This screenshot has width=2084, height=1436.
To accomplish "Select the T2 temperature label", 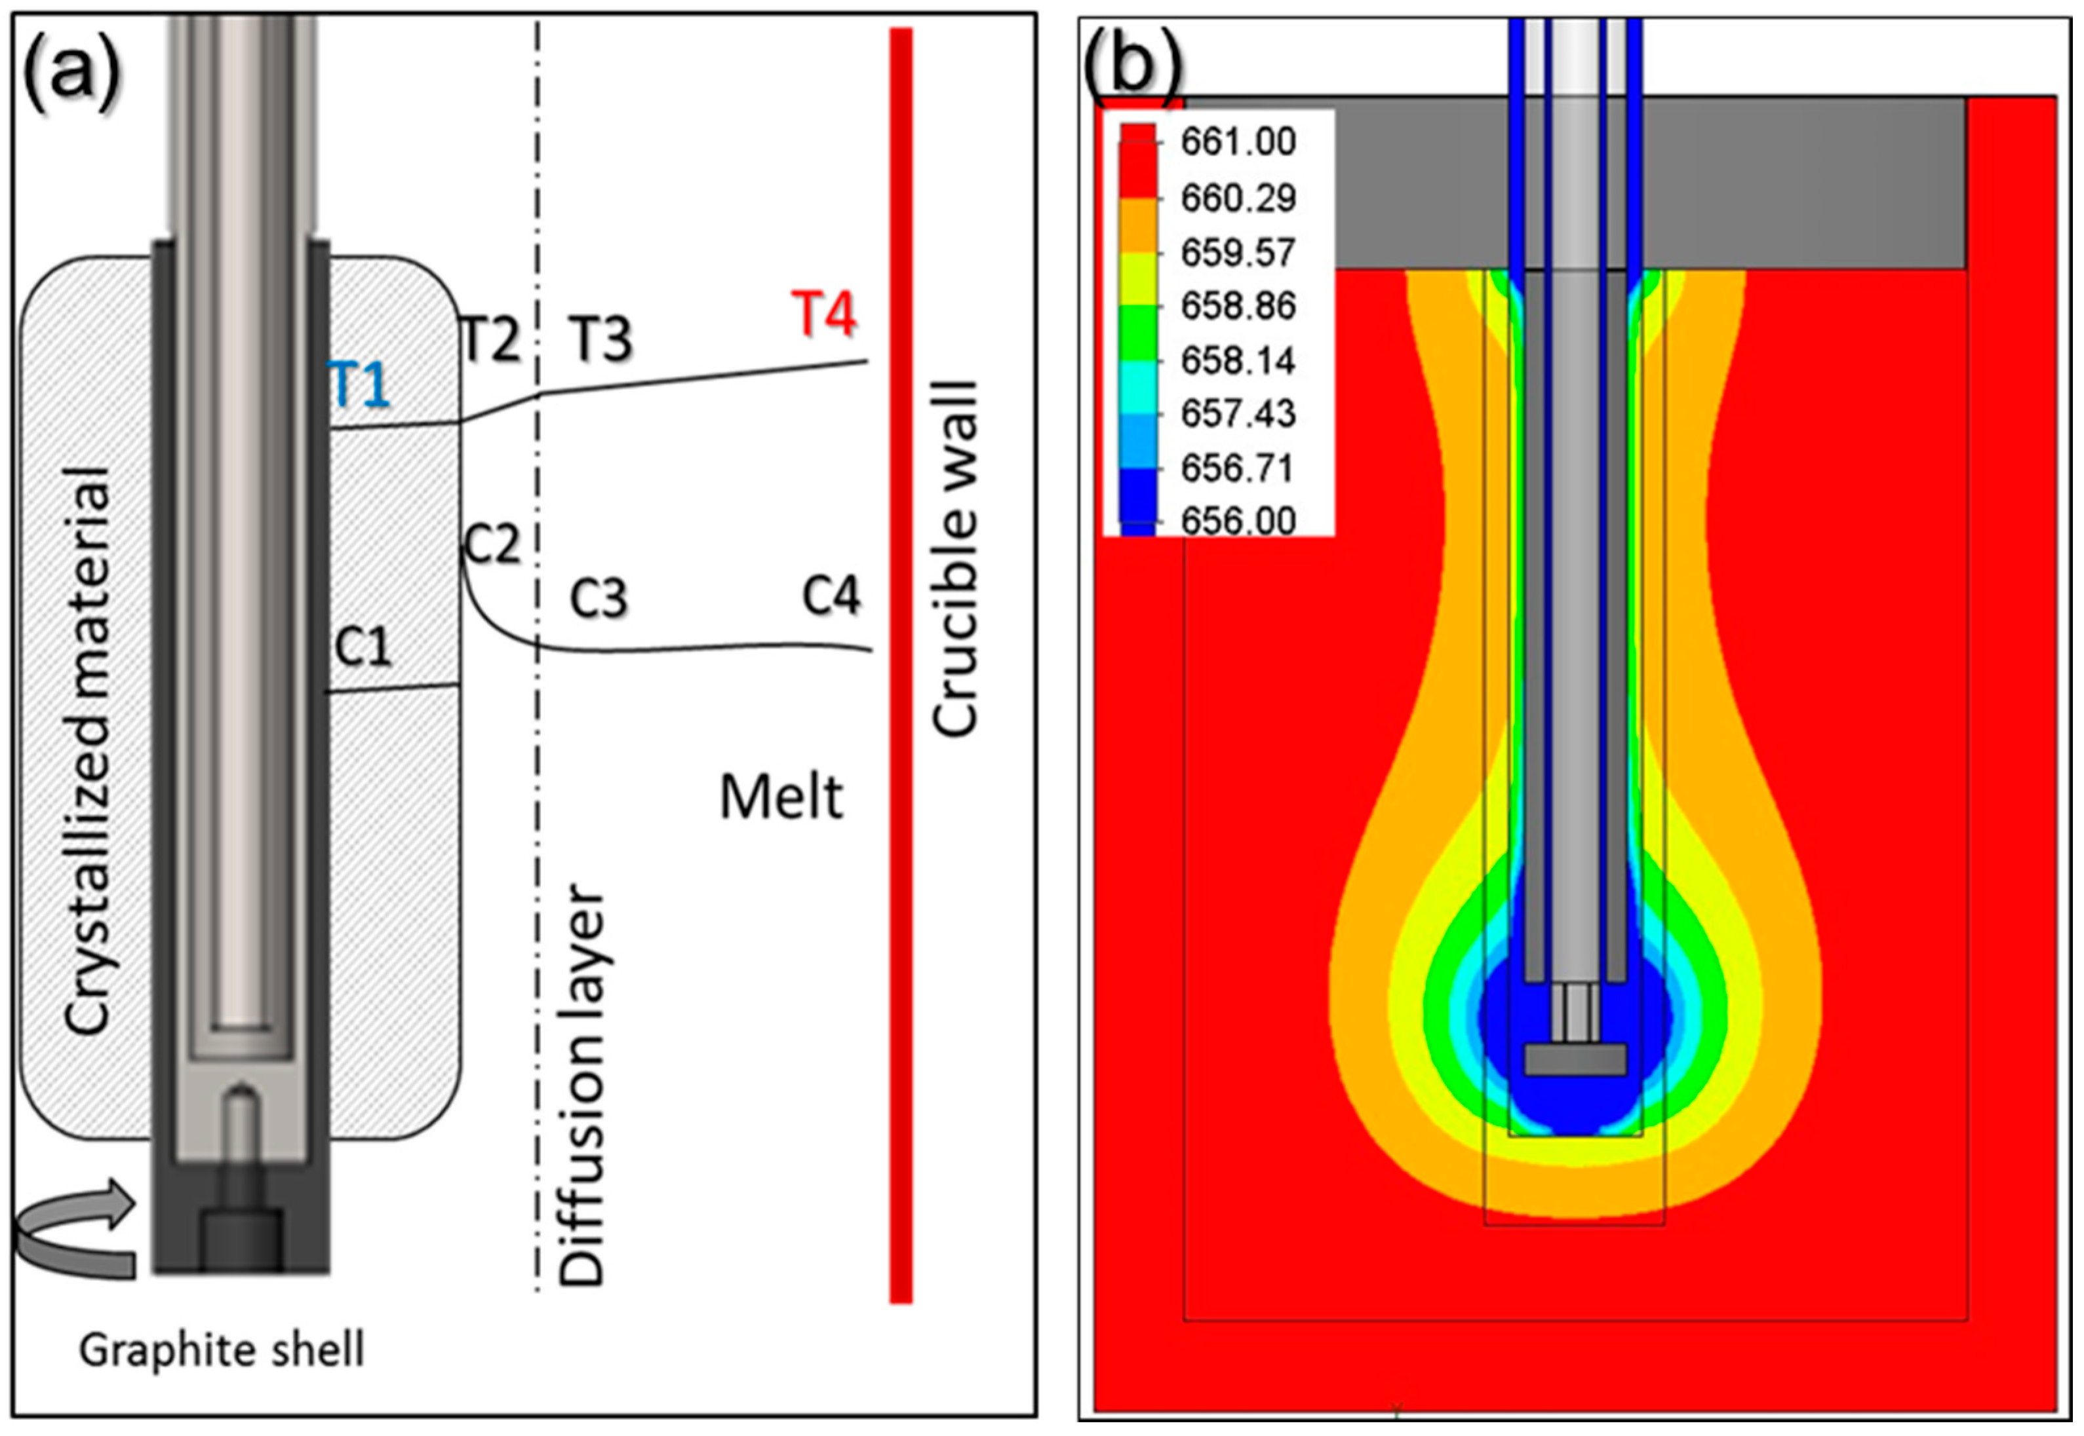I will click(x=490, y=339).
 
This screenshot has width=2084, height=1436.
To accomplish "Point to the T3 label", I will click(x=600, y=339).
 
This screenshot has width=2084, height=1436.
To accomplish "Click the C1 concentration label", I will click(x=364, y=646).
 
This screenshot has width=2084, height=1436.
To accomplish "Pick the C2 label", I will click(x=492, y=544).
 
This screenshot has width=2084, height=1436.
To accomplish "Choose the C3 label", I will click(x=599, y=597).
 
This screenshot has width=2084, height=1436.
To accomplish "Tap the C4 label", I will click(x=831, y=595).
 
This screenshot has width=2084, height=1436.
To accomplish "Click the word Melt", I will click(x=781, y=797).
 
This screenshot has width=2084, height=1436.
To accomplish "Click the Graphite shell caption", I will click(x=222, y=1350).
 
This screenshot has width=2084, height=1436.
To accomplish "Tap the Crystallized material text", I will click(x=87, y=751).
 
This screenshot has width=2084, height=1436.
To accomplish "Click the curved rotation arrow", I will click(x=77, y=1228).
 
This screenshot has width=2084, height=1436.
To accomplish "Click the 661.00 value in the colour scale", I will click(x=1238, y=142).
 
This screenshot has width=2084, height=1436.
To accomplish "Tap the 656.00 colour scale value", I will click(x=1238, y=521).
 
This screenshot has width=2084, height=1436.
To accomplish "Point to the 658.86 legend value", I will click(x=1238, y=306).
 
